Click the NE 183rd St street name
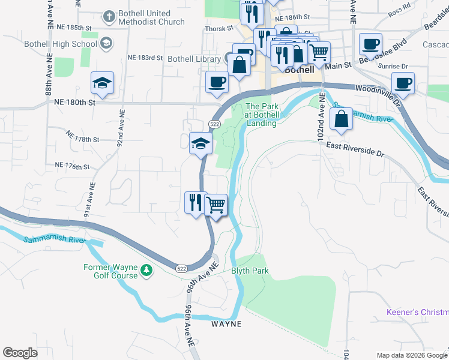[145, 58]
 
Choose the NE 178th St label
[82, 139]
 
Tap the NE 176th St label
[72, 166]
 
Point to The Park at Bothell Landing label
[261, 115]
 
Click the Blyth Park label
[250, 271]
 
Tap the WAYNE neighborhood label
[226, 324]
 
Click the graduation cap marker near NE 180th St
[103, 83]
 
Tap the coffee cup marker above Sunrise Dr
[370, 44]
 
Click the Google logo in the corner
[20, 353]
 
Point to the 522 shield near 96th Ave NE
[180, 268]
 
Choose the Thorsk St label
[220, 28]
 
